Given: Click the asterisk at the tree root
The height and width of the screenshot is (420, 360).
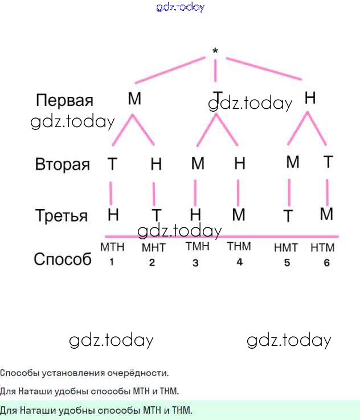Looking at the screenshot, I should tap(215, 51).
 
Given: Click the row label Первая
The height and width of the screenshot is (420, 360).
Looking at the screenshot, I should tap(64, 101).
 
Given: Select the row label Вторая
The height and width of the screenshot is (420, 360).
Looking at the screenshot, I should tap(63, 165).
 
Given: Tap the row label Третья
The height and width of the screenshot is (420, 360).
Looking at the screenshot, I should tap(62, 216).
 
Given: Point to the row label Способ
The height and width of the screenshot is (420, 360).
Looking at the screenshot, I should tap(63, 259).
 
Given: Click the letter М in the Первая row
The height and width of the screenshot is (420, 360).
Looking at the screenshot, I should tap(134, 99).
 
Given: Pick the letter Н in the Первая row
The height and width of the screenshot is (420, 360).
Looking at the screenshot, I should tap(310, 98).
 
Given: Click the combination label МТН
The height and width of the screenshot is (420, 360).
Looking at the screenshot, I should tap(112, 247).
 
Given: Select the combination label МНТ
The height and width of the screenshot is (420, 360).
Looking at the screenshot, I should tap(153, 248).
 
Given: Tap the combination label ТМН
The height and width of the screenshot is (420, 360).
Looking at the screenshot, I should tap(197, 247).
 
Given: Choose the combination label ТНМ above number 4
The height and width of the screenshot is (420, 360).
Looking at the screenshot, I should tap(239, 247).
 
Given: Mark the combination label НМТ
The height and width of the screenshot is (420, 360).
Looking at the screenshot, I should tap(286, 248).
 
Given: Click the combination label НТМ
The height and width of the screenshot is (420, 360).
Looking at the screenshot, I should tap(322, 248).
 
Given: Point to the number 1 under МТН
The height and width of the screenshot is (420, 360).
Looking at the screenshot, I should tap(112, 262).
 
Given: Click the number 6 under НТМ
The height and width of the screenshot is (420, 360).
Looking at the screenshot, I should tap(326, 263).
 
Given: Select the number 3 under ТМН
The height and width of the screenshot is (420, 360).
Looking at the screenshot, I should tap(195, 263).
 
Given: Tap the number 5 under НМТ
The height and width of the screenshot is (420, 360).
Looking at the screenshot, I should tap(287, 263).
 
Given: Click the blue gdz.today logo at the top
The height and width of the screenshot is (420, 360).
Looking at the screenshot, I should tap(180, 7).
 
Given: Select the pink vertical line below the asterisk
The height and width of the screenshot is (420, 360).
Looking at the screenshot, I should tap(216, 71).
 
